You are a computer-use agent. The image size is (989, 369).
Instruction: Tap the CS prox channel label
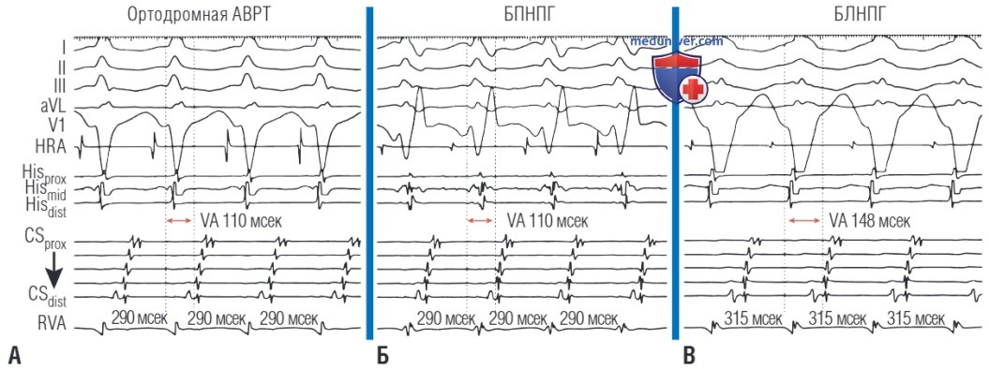click(52, 243)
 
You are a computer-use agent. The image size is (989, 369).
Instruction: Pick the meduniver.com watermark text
click(677, 42)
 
